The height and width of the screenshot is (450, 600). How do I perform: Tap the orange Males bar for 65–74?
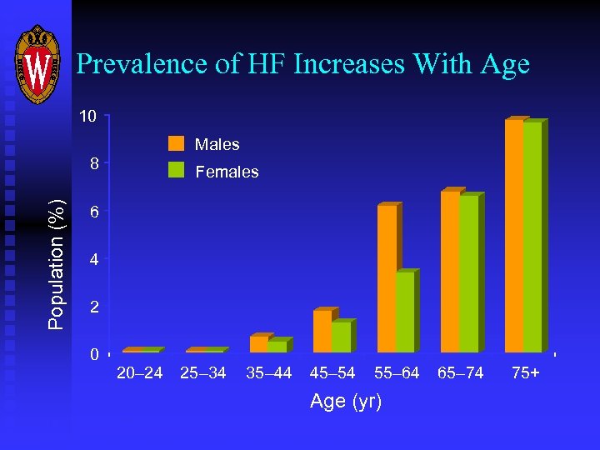point(450,272)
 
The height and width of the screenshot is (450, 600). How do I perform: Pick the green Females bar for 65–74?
point(469,274)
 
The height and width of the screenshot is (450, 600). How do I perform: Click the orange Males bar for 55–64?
point(387,278)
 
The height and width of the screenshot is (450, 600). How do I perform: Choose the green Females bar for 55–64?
point(405,312)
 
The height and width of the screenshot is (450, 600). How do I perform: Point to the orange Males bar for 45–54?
point(322,331)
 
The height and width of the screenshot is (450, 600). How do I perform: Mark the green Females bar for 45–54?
point(342,337)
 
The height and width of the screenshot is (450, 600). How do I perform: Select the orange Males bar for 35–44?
point(259,344)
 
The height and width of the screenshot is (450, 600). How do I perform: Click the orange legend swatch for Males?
point(176,143)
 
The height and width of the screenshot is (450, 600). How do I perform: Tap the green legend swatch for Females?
point(176,170)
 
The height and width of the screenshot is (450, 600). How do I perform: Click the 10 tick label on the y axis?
point(88,116)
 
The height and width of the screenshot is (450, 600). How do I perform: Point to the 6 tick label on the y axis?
point(94,212)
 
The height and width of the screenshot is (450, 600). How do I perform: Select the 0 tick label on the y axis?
point(94,355)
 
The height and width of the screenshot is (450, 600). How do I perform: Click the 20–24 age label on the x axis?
point(139,373)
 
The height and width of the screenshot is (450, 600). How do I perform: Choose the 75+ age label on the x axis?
point(525,373)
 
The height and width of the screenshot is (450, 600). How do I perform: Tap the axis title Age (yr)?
point(346,402)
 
